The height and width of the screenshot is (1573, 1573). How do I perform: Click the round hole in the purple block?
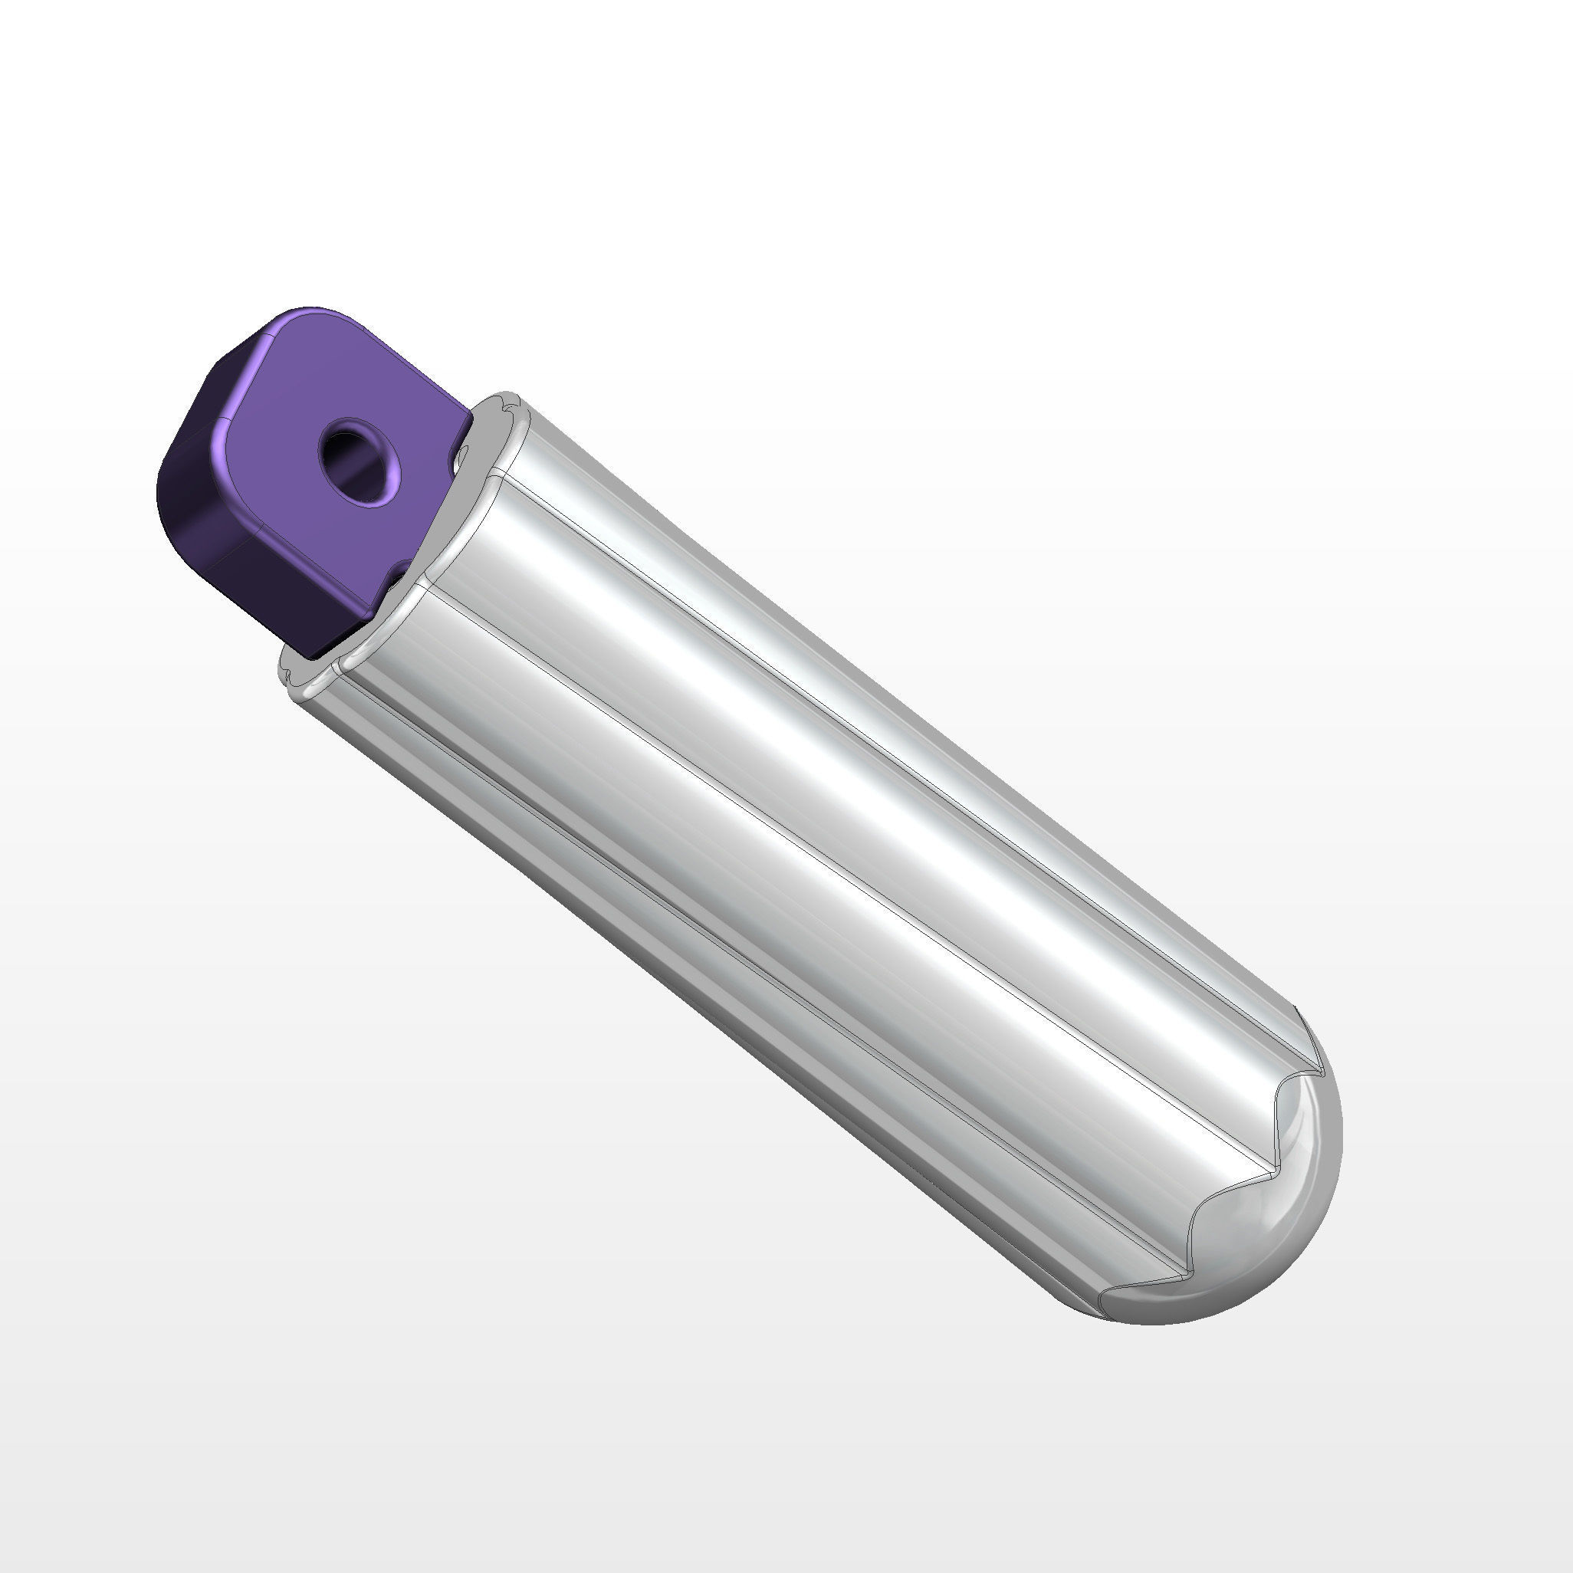click(356, 461)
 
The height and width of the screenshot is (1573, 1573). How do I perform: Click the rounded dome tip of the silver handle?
click(1270, 1246)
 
